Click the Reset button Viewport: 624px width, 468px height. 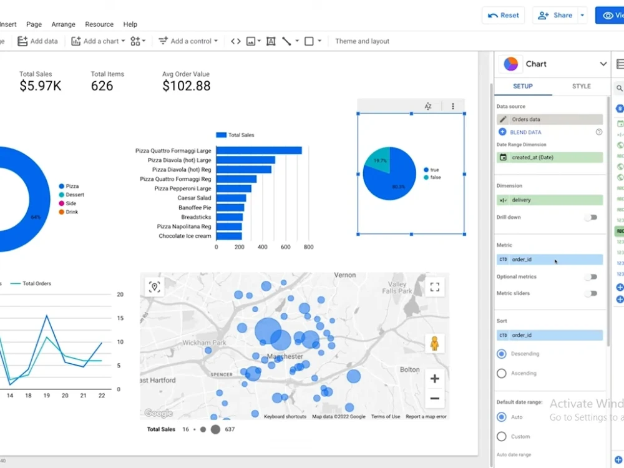(x=502, y=16)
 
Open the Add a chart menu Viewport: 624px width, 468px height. (x=98, y=41)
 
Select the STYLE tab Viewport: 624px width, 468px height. (x=581, y=86)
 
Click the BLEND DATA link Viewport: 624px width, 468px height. (x=526, y=132)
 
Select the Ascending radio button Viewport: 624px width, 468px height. (x=502, y=373)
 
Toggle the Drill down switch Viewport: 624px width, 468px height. (x=590, y=217)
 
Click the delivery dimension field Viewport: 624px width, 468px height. (x=549, y=200)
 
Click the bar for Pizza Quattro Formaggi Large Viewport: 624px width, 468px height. (x=258, y=150)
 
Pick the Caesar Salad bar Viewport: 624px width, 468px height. (x=231, y=198)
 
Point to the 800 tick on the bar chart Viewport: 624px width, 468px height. (x=308, y=247)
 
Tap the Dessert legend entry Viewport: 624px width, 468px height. (x=75, y=195)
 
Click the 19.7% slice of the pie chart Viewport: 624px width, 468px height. (x=379, y=161)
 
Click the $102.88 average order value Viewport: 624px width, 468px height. (x=186, y=86)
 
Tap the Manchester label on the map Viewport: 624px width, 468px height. (x=285, y=356)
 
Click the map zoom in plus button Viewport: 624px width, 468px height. (x=435, y=379)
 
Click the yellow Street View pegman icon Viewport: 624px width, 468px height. (x=435, y=344)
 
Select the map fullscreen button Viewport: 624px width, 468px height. (x=435, y=287)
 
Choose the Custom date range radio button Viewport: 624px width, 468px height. (x=502, y=436)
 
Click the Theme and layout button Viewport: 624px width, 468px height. (x=362, y=41)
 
